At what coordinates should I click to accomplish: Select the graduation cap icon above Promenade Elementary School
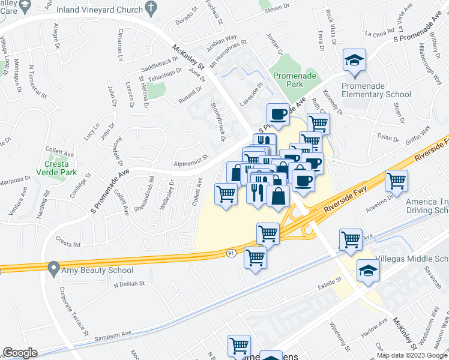355,61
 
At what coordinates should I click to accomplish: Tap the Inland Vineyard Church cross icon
153,9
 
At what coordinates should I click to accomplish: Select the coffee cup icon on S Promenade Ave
278,113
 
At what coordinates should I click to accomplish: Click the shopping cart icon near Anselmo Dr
396,180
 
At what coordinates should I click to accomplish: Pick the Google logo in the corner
19,353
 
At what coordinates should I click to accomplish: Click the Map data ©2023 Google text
411,355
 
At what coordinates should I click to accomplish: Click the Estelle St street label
330,280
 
